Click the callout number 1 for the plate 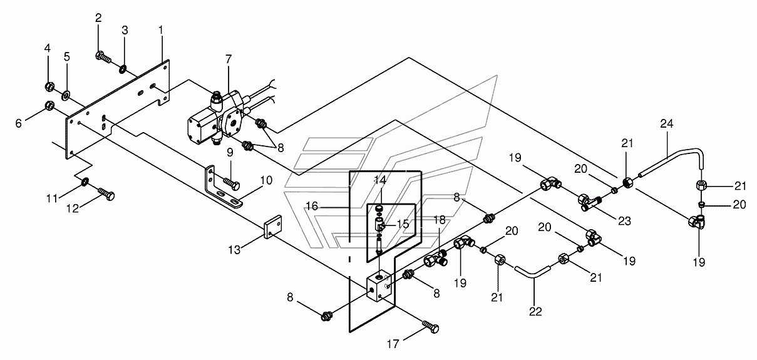(x=161, y=30)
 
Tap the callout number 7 (x=229, y=59)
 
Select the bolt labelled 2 (x=103, y=58)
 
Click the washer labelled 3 (x=123, y=69)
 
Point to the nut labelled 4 (x=49, y=87)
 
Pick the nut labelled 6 (x=49, y=106)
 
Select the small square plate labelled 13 (x=272, y=227)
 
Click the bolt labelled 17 (x=431, y=327)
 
